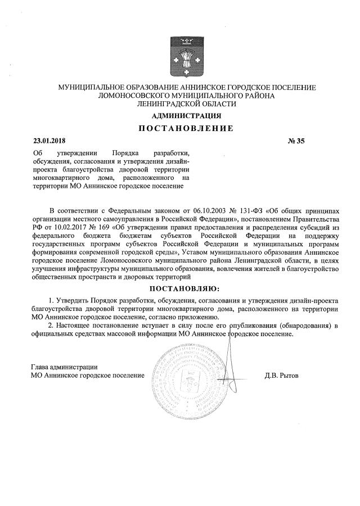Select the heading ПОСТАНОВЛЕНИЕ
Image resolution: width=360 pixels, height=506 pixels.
coord(186,128)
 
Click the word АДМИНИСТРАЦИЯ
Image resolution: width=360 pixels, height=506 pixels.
coord(187,116)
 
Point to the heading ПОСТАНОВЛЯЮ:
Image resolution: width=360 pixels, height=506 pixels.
coord(186,288)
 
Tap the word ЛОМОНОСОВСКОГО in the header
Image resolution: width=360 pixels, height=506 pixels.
coord(130,96)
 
